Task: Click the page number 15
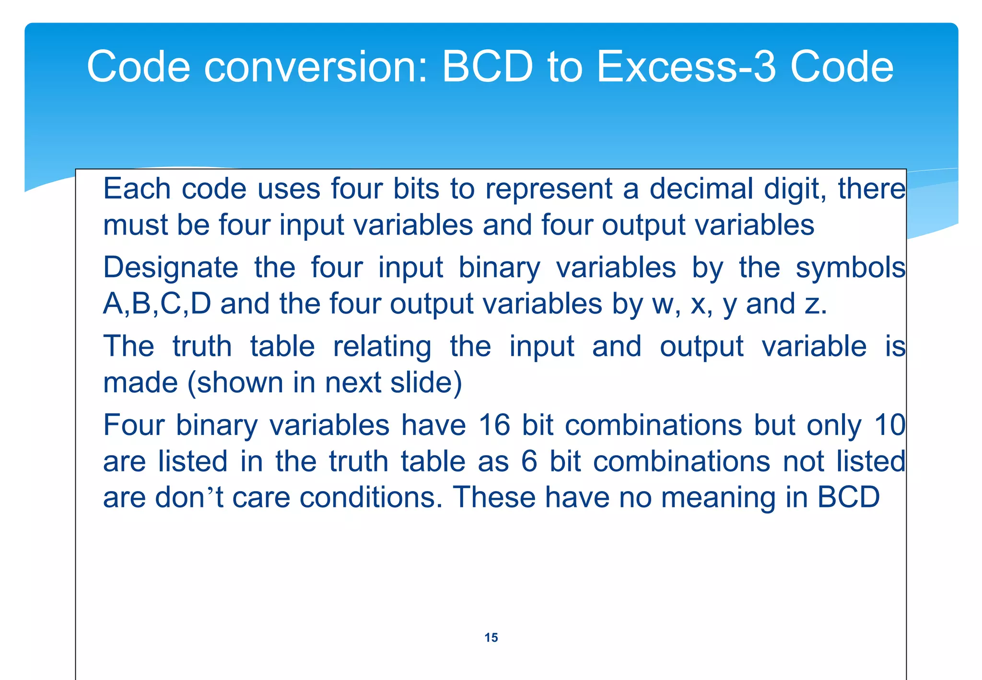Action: click(x=491, y=637)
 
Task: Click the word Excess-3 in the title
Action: click(x=686, y=67)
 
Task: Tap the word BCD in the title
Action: click(x=487, y=67)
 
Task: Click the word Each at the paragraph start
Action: click(x=137, y=188)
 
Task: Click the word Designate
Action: click(x=170, y=268)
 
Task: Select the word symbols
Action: click(x=851, y=268)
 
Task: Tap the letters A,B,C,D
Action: click(x=157, y=304)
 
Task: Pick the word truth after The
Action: click(x=202, y=346)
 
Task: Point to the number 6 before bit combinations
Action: click(x=529, y=461)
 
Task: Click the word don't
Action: click(x=189, y=497)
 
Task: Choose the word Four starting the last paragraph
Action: click(x=134, y=425)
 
